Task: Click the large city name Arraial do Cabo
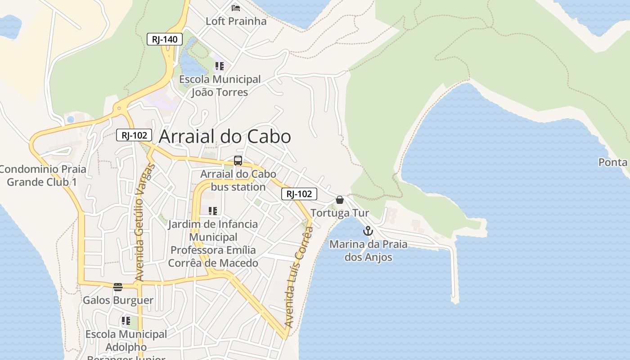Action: coord(225,136)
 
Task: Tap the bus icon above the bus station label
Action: coord(238,161)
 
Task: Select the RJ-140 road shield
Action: coord(165,39)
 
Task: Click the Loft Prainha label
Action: coord(236,21)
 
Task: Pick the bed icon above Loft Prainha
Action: coord(236,8)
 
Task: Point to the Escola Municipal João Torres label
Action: coord(220,86)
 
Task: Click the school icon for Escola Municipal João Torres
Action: coord(219,67)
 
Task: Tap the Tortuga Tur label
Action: coord(340,213)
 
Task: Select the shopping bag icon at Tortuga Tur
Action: coord(340,200)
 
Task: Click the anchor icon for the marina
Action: coord(368,231)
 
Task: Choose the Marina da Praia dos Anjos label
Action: coord(368,251)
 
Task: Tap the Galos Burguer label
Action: coord(118,300)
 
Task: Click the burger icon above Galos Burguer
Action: coord(118,287)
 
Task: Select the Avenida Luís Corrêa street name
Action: coord(299,277)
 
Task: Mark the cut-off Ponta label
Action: coord(613,162)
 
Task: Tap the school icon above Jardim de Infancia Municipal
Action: coord(213,211)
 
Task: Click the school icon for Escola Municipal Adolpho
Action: coord(126,321)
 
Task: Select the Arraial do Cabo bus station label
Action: coord(238,180)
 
